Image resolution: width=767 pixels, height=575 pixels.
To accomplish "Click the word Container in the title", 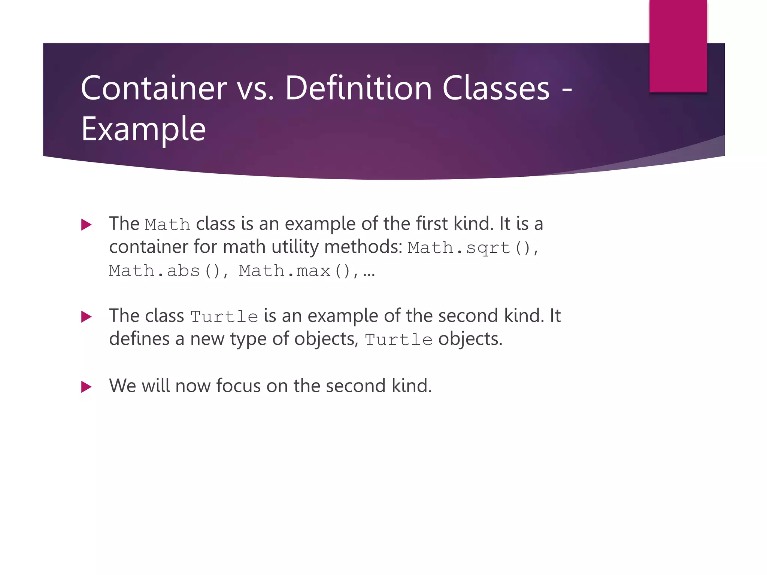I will point(154,88).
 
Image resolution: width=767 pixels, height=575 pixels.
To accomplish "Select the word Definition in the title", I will point(358,88).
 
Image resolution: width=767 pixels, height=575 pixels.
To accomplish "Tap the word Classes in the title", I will point(496,88).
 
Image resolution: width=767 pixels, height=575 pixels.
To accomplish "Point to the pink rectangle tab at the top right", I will point(678,46).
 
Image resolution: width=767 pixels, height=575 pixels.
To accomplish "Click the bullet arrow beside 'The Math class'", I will point(86,225).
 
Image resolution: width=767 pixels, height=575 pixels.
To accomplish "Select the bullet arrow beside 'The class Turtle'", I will point(86,317).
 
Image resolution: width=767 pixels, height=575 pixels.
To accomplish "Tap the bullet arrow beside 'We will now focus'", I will point(86,387).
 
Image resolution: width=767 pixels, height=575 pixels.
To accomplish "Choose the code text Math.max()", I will point(294,271).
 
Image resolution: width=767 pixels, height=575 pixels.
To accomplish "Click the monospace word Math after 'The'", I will point(167,225).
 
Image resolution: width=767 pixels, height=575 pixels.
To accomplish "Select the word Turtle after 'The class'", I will point(224,317).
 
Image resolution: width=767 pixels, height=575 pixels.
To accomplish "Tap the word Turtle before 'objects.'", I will point(398,340).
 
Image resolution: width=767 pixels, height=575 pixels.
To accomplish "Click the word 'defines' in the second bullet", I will point(139,339).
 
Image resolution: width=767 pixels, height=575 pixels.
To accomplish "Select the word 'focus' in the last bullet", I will point(238,386).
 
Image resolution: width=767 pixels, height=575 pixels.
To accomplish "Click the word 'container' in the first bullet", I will point(148,247).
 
